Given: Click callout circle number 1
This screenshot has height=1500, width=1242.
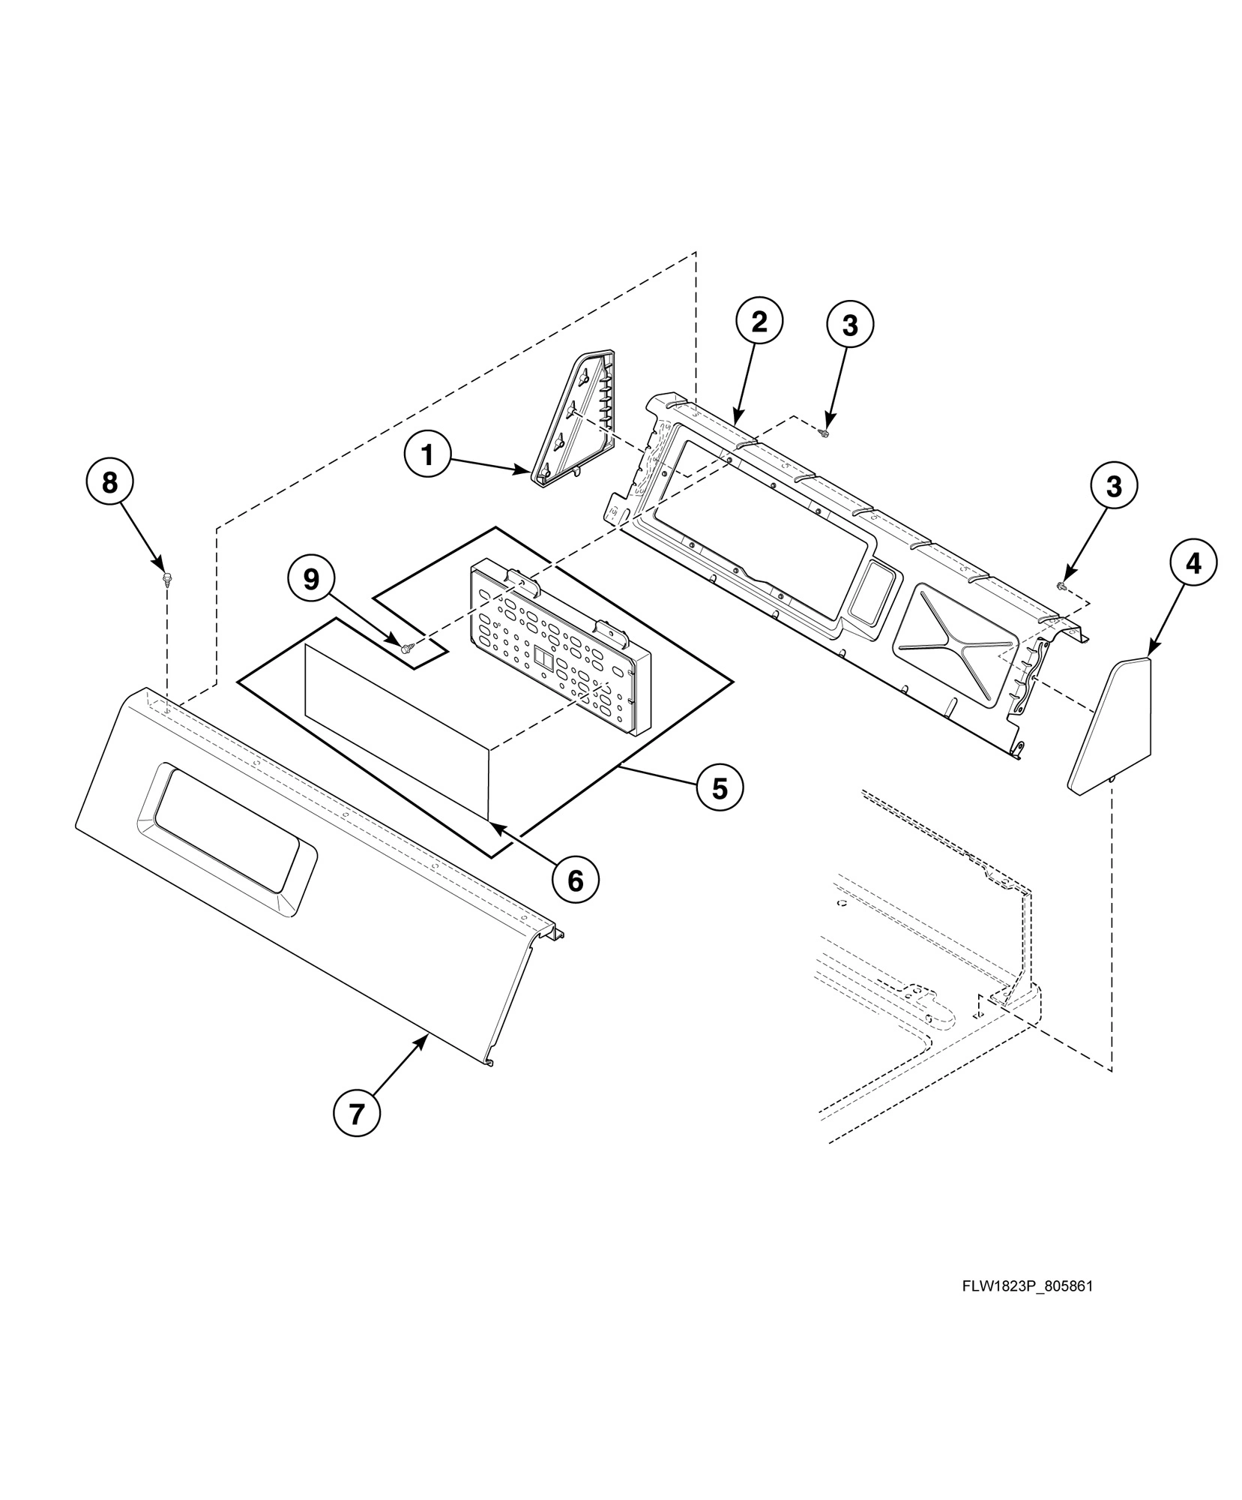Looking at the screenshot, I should [x=428, y=455].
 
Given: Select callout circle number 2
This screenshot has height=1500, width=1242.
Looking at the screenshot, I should [x=759, y=322].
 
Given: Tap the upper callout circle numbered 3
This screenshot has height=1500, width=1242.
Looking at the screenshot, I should [x=850, y=325].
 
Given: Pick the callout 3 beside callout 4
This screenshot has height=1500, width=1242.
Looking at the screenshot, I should [x=1114, y=486].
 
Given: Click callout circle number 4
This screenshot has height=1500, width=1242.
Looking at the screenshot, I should [x=1193, y=562].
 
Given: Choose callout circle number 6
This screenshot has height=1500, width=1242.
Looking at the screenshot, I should [x=576, y=881].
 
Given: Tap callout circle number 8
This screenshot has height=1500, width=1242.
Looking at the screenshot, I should [x=110, y=482].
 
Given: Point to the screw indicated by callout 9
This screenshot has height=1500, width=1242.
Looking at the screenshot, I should [x=408, y=646].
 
